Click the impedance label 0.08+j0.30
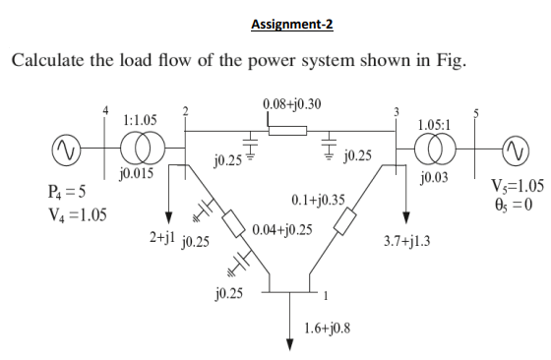[x=289, y=103]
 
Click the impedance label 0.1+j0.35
[x=319, y=201]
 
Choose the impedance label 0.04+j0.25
[x=282, y=230]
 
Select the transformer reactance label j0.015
[x=135, y=174]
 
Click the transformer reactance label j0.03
[x=433, y=178]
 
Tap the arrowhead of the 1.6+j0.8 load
[x=289, y=343]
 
